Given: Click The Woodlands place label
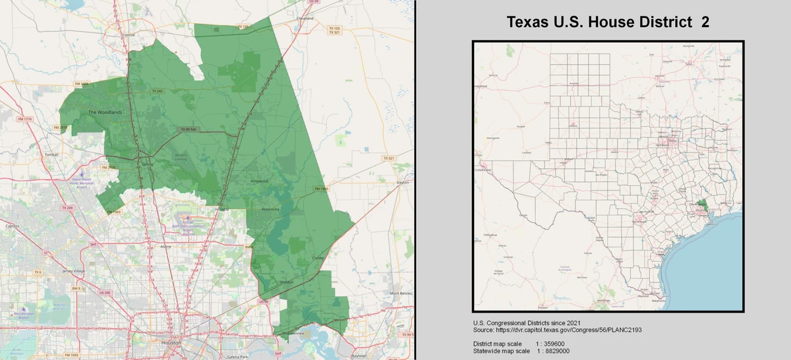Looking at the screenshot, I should click(x=105, y=112).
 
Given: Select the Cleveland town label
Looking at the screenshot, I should click(x=305, y=18).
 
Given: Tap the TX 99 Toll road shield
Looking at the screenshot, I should click(x=189, y=129).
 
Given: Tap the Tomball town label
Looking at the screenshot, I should click(x=52, y=155).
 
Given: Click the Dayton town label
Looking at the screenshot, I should click(x=403, y=182).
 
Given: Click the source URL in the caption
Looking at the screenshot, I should click(x=572, y=328).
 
